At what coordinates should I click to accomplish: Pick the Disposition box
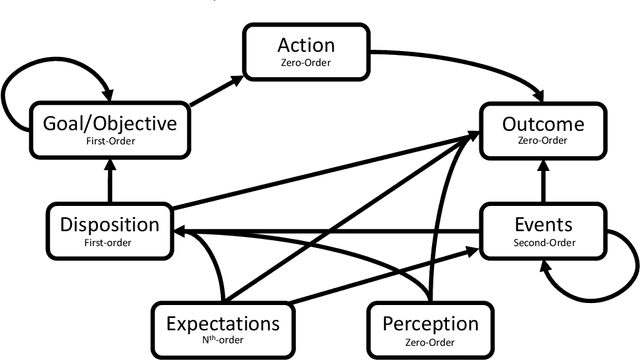[109, 229]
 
